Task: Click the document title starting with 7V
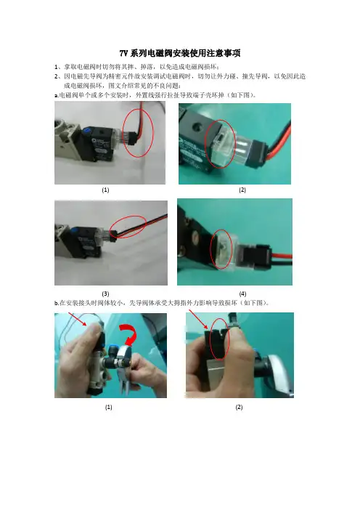coord(180,53)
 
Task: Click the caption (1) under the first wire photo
coord(105,190)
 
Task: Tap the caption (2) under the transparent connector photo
coord(242,190)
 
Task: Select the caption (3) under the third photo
coord(105,294)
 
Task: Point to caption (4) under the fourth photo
coord(242,294)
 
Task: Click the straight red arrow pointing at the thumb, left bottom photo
coord(78,319)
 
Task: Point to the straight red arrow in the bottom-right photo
coord(199,320)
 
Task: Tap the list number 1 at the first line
coord(56,68)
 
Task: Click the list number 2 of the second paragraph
coord(56,77)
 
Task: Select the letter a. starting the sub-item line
coord(56,96)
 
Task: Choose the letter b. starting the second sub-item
coord(56,303)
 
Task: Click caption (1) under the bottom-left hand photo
coord(109,407)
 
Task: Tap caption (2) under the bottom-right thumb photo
coord(239,407)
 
